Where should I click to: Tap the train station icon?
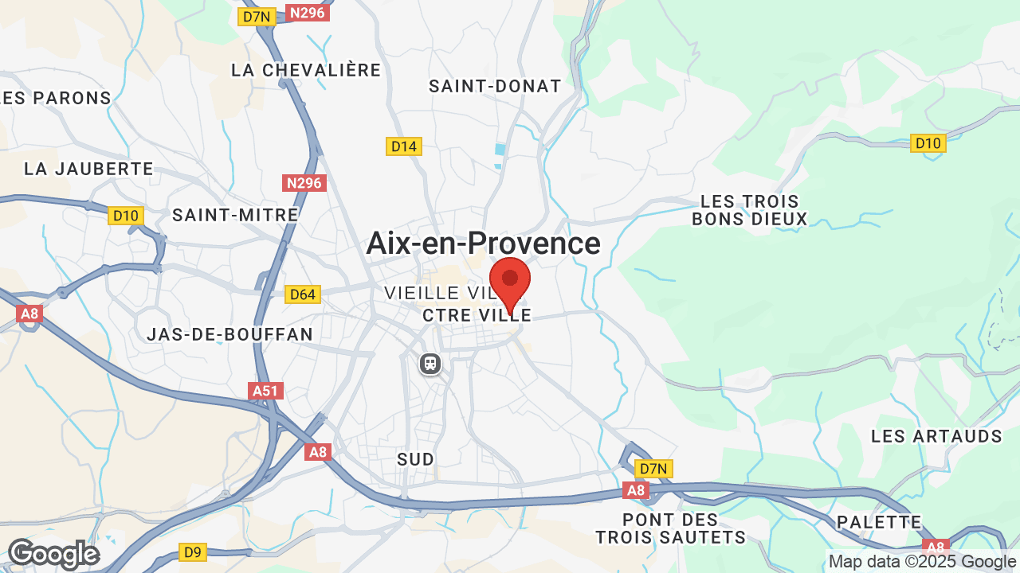pos(430,364)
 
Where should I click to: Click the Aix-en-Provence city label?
pos(483,244)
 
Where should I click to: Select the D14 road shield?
pos(403,146)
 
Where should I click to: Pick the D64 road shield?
pos(303,294)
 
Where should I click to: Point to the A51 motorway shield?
pos(266,391)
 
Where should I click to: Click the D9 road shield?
pos(193,552)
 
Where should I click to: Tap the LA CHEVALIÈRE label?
pos(306,70)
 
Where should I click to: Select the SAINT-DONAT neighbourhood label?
pos(495,86)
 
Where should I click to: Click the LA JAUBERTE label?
pos(88,169)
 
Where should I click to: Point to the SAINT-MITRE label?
pos(235,215)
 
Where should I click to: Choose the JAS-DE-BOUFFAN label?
pos(229,334)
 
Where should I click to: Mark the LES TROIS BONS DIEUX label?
pos(749,210)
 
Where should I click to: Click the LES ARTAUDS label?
pos(936,436)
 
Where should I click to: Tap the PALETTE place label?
pos(879,523)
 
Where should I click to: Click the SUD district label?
pos(416,459)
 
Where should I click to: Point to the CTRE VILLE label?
pos(477,316)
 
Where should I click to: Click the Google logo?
pos(53,554)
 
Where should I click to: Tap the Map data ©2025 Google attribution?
pos(923,562)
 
